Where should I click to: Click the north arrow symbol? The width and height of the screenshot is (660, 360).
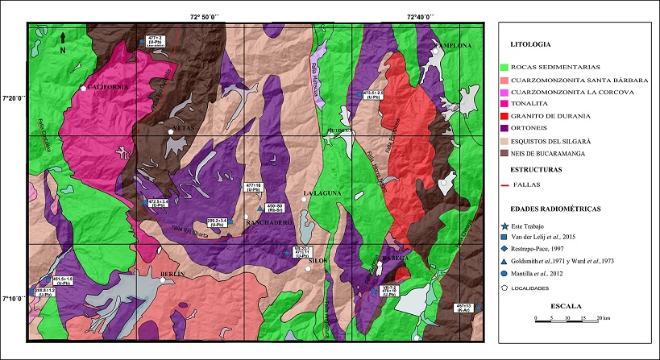[x=63, y=39]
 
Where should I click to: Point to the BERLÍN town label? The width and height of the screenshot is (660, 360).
[x=173, y=275]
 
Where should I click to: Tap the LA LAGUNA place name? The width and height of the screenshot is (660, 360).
[x=322, y=194]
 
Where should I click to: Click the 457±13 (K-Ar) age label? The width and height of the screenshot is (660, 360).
[x=463, y=308]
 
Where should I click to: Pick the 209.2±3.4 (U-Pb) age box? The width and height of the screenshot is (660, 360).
[x=216, y=221]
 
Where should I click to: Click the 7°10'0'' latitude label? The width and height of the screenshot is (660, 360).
[x=14, y=299]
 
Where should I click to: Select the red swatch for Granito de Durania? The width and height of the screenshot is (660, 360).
[x=505, y=115]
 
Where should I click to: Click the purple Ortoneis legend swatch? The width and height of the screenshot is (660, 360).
[x=505, y=127]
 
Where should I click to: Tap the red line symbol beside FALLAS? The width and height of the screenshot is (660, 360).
[x=505, y=184]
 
